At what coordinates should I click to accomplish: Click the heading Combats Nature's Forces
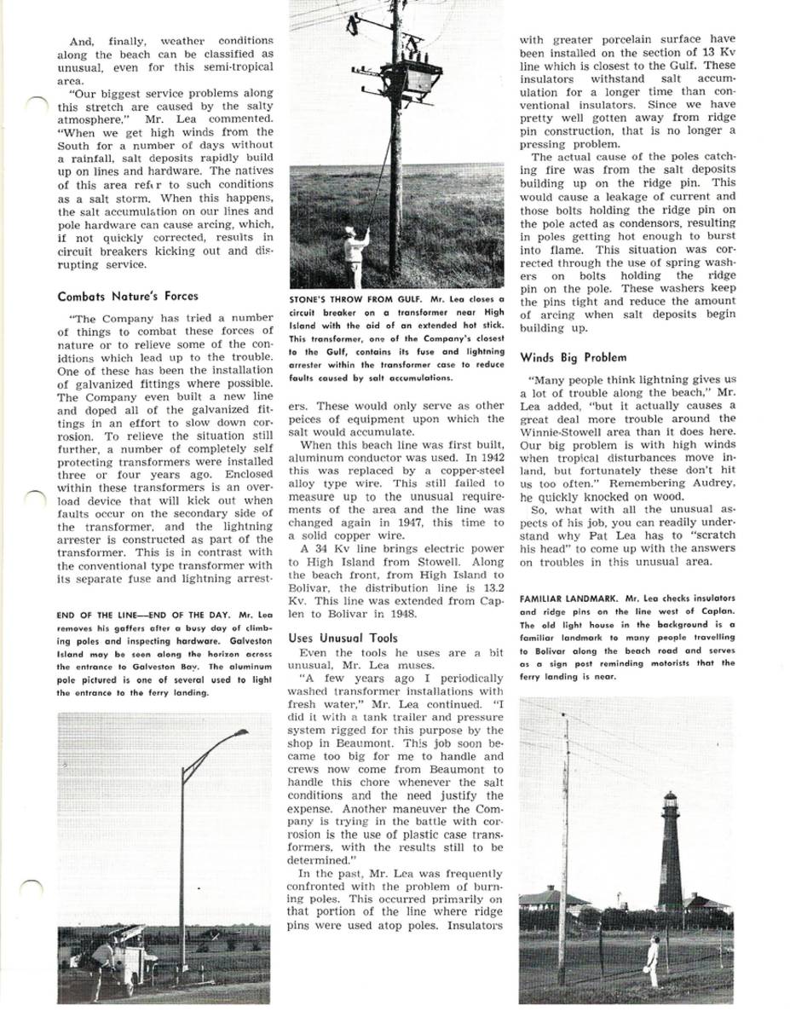tap(118, 297)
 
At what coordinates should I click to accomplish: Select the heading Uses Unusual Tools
tap(343, 637)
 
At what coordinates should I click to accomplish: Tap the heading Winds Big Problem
tap(573, 357)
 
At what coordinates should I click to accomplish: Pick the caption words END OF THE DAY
tap(187, 615)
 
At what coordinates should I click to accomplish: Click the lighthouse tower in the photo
tap(670, 852)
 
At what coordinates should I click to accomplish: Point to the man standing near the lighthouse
tap(652, 959)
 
